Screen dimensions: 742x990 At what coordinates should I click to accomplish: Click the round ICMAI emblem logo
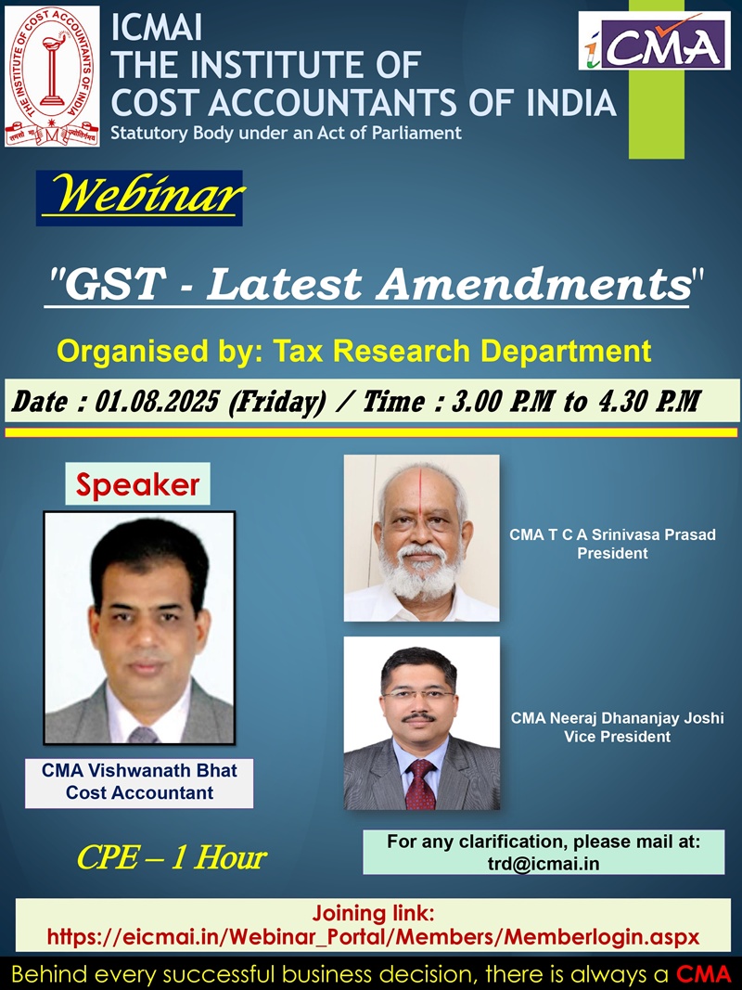pos(52,76)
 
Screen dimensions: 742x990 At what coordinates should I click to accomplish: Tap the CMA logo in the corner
pos(654,41)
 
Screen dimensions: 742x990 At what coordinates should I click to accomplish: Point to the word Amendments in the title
pos(534,284)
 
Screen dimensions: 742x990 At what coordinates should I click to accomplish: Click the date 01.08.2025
pos(157,401)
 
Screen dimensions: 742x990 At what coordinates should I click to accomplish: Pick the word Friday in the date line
pos(276,402)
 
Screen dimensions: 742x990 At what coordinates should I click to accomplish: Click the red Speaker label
pos(137,484)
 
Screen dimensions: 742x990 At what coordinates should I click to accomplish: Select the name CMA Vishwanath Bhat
pos(139,770)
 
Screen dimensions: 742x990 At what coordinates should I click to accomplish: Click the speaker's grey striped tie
pos(143,735)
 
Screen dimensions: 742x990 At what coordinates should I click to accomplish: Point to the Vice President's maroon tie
pos(419,785)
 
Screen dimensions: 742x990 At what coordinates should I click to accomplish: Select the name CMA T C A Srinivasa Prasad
pos(613,534)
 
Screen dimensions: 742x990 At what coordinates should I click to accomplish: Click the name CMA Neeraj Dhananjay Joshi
pos(617,718)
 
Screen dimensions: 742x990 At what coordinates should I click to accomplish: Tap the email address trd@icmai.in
pos(544,863)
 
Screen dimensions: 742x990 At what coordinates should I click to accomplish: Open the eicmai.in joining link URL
pos(374,937)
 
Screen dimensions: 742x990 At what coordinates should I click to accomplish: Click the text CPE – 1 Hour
pos(172,858)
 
